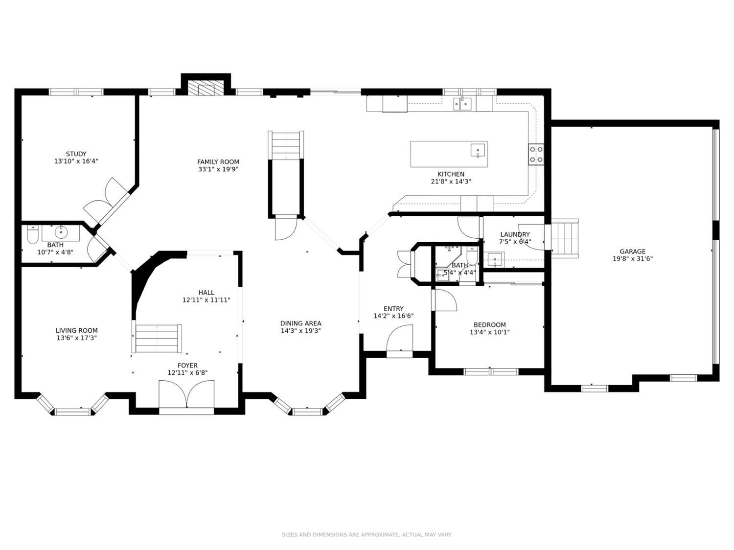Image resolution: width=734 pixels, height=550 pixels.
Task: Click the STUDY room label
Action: pyautogui.click(x=76, y=154)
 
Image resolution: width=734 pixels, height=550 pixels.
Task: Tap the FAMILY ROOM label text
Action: pyautogui.click(x=218, y=162)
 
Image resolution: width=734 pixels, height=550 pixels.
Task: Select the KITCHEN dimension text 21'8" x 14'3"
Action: pyautogui.click(x=451, y=182)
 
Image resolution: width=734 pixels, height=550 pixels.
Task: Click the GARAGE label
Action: pyautogui.click(x=632, y=252)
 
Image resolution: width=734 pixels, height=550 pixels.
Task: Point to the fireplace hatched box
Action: pyautogui.click(x=206, y=88)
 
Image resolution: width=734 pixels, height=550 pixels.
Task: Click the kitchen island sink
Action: pyautogui.click(x=478, y=150)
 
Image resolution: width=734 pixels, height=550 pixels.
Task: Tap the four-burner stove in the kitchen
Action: pyautogui.click(x=536, y=154)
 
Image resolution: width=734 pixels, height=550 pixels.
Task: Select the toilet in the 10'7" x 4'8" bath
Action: pyautogui.click(x=32, y=234)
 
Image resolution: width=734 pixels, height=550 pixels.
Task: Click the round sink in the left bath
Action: pyautogui.click(x=61, y=230)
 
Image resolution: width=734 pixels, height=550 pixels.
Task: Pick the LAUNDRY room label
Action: pyautogui.click(x=515, y=234)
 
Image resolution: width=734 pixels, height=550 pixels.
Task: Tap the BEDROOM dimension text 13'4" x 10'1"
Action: pyautogui.click(x=489, y=332)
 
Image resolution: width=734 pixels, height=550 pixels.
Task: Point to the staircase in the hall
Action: pyautogui.click(x=157, y=338)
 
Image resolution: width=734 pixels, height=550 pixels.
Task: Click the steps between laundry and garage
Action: pyautogui.click(x=565, y=238)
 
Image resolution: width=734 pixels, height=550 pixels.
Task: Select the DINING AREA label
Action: pyautogui.click(x=300, y=323)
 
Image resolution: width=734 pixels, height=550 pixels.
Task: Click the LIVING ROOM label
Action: pyautogui.click(x=76, y=330)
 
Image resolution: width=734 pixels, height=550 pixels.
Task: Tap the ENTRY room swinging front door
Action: pyautogui.click(x=400, y=338)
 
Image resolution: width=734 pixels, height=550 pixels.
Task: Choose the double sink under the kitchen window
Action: pyautogui.click(x=462, y=104)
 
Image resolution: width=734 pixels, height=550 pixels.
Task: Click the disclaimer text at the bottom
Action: pyautogui.click(x=367, y=535)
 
